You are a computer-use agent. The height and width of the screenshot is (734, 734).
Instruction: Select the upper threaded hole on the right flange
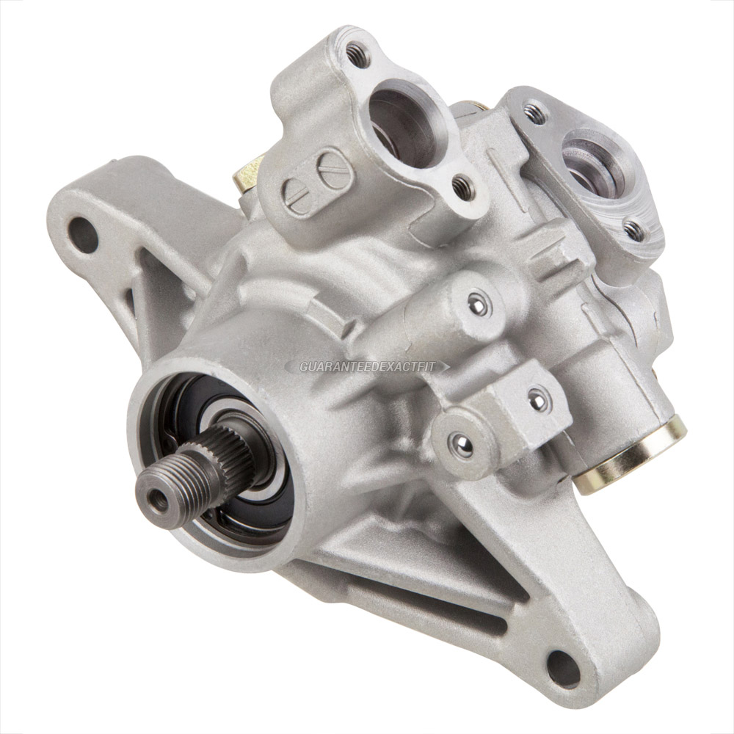point(535,111)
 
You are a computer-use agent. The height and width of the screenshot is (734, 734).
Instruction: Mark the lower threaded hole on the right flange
point(633,230)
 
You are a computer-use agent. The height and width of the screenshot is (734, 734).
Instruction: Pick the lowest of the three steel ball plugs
point(462,443)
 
